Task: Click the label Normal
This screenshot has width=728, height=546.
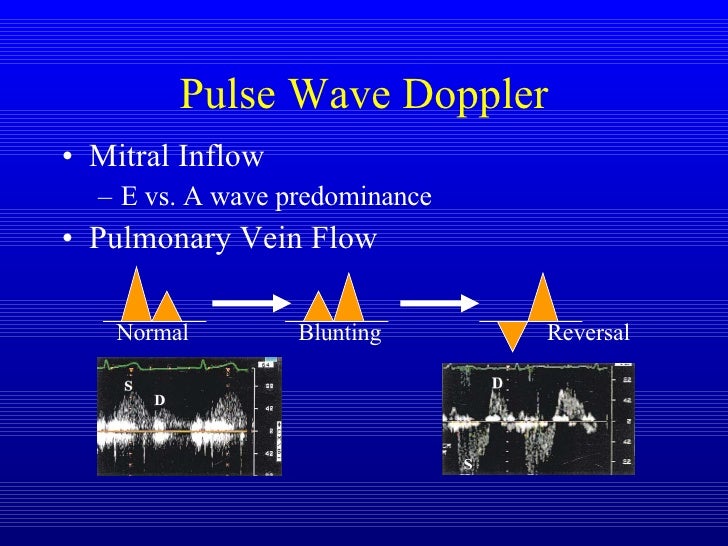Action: [152, 333]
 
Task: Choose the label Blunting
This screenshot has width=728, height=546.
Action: [340, 333]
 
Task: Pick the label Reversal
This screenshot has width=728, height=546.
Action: [589, 333]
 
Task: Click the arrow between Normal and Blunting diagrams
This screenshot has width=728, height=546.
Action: [250, 299]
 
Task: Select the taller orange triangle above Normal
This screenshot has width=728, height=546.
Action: [137, 295]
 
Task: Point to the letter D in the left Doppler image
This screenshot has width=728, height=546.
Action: [159, 401]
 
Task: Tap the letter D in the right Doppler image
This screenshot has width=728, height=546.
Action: [496, 384]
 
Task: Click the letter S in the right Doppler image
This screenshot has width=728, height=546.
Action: [467, 465]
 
